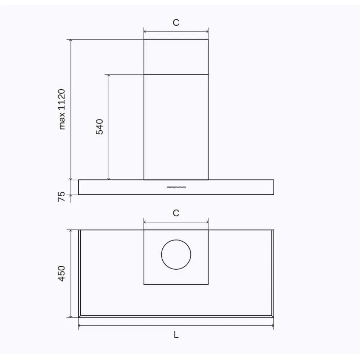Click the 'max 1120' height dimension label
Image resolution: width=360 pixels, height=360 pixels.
(x=62, y=109)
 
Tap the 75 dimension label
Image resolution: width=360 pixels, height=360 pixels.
(x=62, y=197)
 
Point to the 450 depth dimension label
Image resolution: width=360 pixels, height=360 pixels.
(x=62, y=274)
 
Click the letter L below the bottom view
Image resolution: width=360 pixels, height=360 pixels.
(x=176, y=335)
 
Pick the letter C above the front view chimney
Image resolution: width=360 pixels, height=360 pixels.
(x=176, y=23)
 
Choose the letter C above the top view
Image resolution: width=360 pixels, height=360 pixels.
(x=176, y=213)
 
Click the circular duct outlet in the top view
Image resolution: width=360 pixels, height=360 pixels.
(x=176, y=255)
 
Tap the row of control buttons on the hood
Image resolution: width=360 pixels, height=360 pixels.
(x=176, y=187)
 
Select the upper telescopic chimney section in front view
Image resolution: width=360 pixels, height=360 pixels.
(x=176, y=57)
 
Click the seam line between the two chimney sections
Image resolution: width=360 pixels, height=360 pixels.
(x=176, y=75)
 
